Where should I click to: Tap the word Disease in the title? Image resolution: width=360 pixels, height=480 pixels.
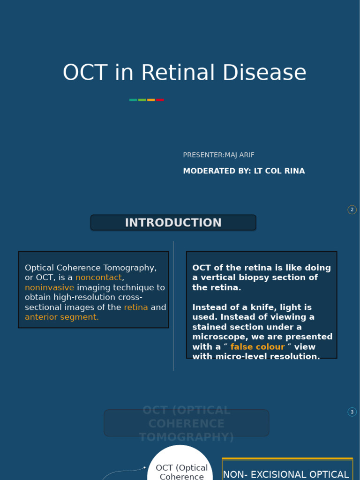pyautogui.click(x=264, y=73)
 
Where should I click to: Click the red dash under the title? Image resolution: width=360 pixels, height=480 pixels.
pyautogui.click(x=160, y=100)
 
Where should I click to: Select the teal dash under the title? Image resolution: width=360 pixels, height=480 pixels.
pyautogui.click(x=133, y=100)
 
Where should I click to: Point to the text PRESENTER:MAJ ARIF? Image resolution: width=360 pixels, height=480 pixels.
pyautogui.click(x=218, y=155)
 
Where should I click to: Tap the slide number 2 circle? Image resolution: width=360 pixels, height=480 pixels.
pyautogui.click(x=352, y=210)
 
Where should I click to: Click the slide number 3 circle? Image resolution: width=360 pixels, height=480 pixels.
pyautogui.click(x=352, y=412)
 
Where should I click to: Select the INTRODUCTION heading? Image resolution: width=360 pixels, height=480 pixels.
pyautogui.click(x=173, y=223)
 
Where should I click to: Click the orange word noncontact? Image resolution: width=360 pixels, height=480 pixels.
pyautogui.click(x=98, y=277)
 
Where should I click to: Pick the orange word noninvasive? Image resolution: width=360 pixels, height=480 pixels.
pyautogui.click(x=49, y=287)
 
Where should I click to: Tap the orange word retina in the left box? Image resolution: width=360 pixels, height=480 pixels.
pyautogui.click(x=136, y=307)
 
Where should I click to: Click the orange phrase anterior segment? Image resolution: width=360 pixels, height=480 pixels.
pyautogui.click(x=62, y=317)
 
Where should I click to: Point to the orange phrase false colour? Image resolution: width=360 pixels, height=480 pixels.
pyautogui.click(x=257, y=347)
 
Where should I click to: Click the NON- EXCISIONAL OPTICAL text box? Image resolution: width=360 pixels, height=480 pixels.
pyautogui.click(x=287, y=471)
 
